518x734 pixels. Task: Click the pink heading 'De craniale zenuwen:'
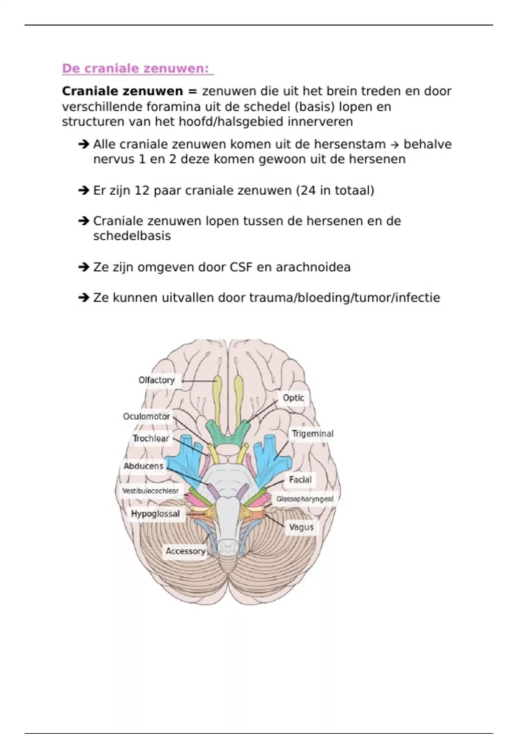(135, 69)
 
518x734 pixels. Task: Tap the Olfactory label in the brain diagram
(156, 380)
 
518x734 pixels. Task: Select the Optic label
(293, 398)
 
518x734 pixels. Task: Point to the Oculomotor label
(146, 417)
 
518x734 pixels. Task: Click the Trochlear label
(151, 438)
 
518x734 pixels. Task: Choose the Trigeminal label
(313, 434)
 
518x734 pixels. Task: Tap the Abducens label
(143, 466)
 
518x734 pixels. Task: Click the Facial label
(300, 480)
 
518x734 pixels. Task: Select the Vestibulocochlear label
(150, 491)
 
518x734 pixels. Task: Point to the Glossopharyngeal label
(305, 499)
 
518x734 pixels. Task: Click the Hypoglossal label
(155, 514)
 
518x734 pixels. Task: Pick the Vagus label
(301, 527)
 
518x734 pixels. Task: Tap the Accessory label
(186, 551)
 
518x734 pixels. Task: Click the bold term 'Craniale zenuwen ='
(130, 91)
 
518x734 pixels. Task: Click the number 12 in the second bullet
(142, 190)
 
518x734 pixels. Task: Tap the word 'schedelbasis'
(132, 236)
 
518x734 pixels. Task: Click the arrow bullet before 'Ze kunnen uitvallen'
(84, 297)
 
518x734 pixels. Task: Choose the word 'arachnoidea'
(313, 267)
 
